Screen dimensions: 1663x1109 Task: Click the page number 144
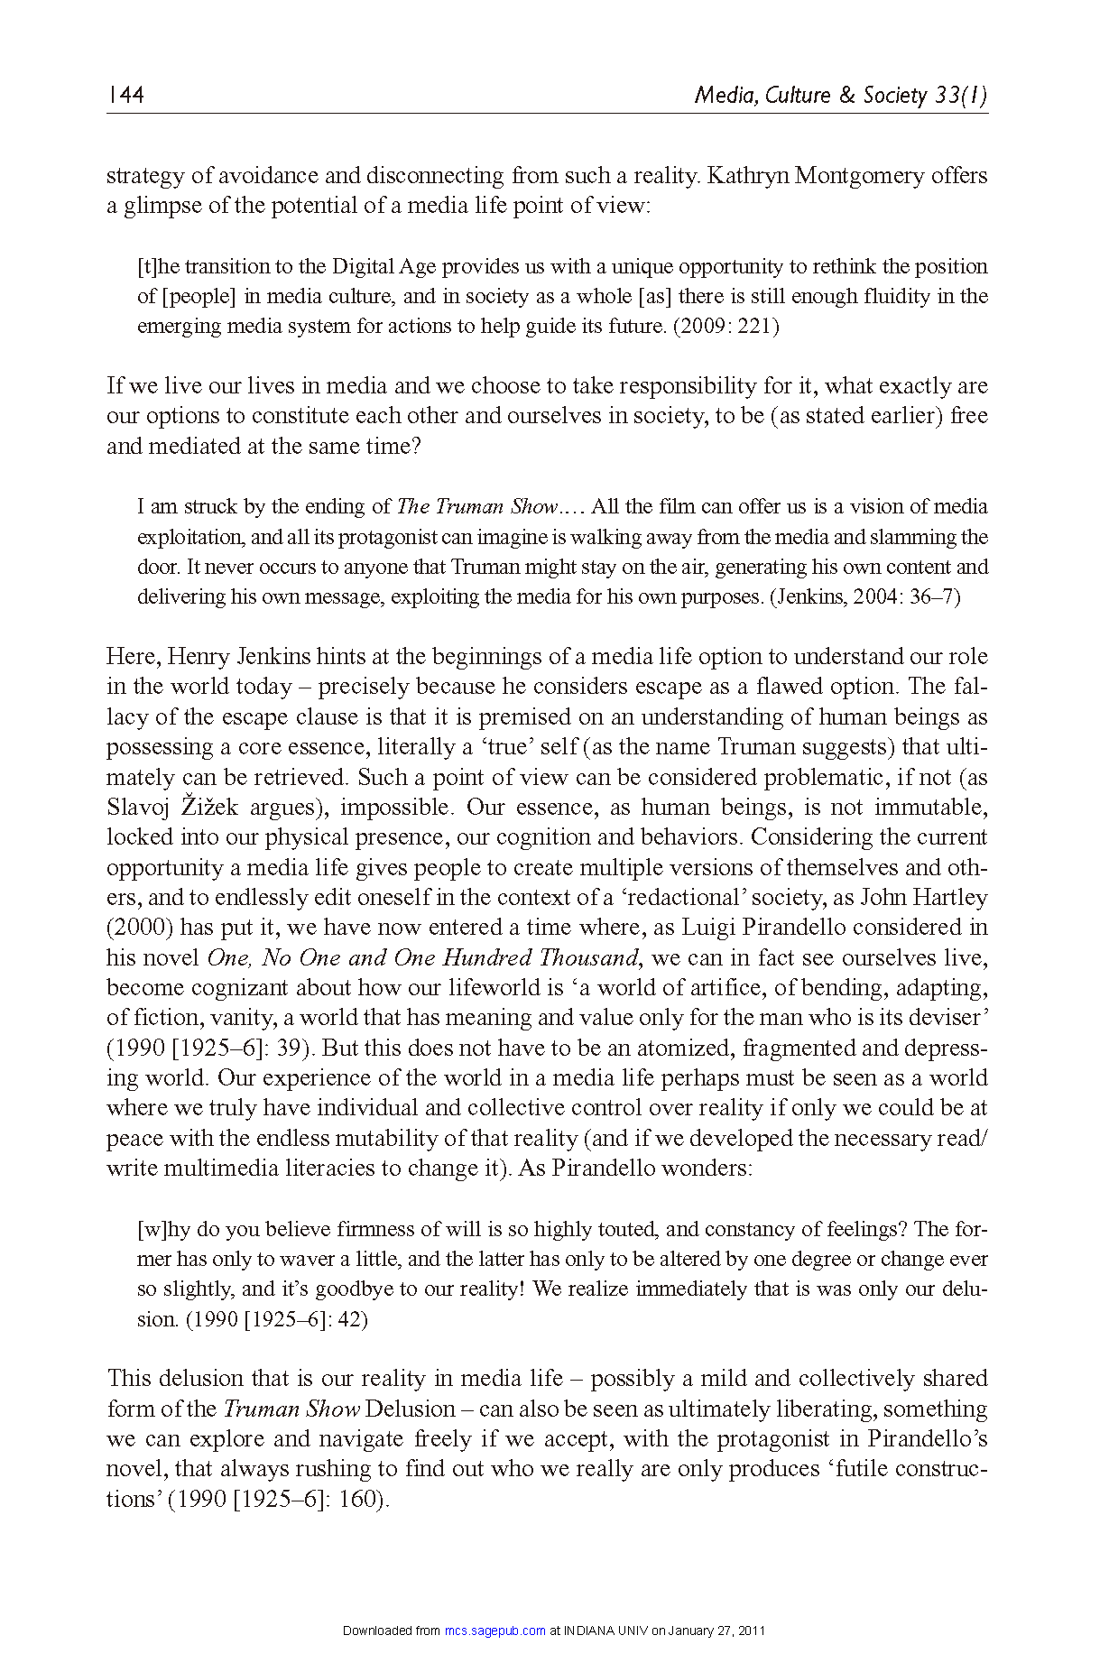coord(125,95)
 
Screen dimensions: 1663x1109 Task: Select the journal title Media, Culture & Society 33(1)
coord(840,95)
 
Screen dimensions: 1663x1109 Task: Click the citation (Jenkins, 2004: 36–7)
coord(864,596)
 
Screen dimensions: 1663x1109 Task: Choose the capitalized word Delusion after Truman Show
coord(411,1409)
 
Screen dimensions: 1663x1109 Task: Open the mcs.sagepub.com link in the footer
coord(495,1631)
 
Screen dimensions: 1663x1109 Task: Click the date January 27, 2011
coord(716,1631)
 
